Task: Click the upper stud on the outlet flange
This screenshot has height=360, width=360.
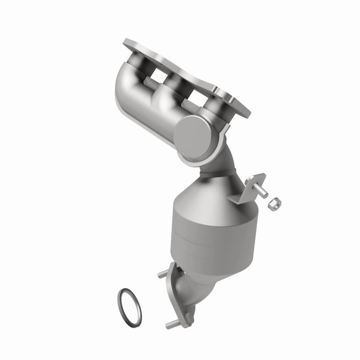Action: tap(162, 273)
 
